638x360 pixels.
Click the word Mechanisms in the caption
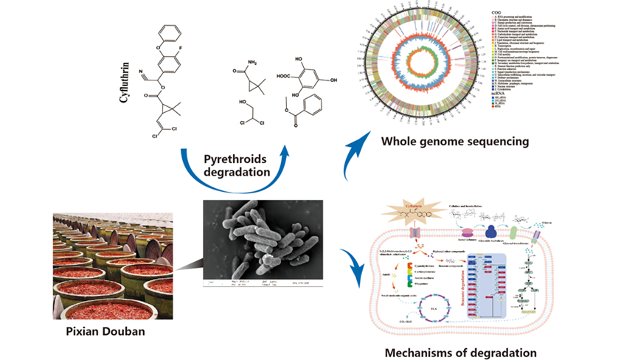pos(421,352)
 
